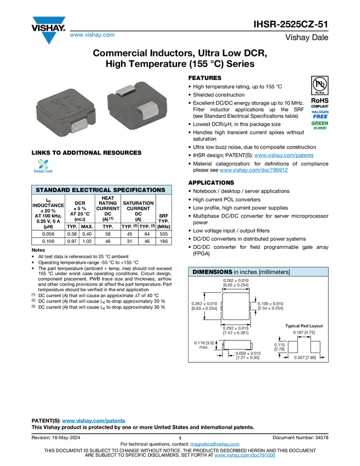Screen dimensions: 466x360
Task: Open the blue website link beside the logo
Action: tap(92, 35)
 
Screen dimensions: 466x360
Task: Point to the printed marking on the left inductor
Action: tap(65, 102)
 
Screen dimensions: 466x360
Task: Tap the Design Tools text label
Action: tap(43, 172)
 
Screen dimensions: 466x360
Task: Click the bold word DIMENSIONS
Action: tap(212, 272)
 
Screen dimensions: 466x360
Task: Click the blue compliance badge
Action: tap(320, 113)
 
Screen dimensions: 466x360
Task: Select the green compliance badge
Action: tap(320, 126)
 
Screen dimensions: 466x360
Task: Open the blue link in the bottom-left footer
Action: tap(94, 421)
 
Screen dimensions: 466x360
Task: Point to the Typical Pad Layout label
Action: tap(304, 326)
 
